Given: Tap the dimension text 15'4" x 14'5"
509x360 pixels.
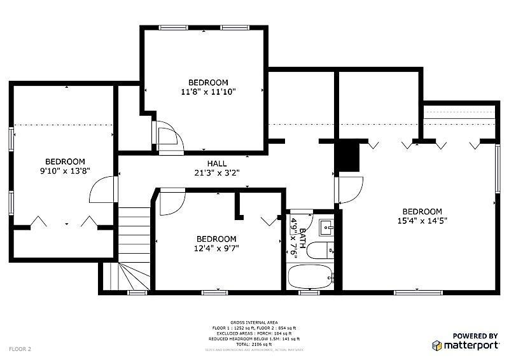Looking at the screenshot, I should tap(421, 221).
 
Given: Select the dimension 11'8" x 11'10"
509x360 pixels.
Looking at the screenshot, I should tap(208, 92).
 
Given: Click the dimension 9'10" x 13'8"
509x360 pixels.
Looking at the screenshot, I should tap(64, 171).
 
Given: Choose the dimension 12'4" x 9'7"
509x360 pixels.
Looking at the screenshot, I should tap(218, 248).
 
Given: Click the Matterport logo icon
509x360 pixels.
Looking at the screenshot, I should tap(437, 345).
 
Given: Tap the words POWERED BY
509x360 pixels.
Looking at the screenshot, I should tap(475, 335).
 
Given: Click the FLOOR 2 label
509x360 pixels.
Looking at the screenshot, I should tap(20, 349).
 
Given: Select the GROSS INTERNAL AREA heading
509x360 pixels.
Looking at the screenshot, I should tap(254, 322).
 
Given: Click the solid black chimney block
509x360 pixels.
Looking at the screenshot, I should tap(347, 156).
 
